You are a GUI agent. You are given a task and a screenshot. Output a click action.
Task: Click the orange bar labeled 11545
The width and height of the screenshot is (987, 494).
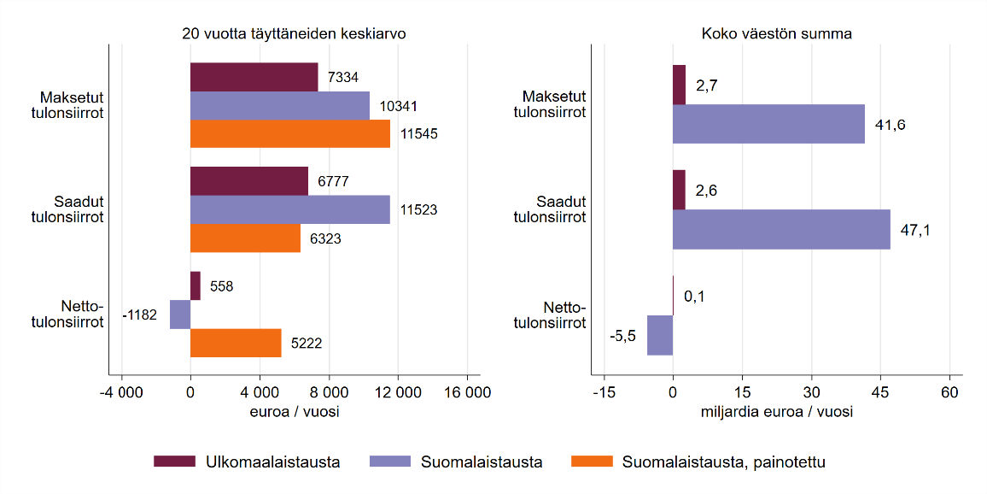[289, 133]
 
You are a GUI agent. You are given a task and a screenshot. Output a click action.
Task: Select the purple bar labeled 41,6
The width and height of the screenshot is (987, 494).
[768, 124]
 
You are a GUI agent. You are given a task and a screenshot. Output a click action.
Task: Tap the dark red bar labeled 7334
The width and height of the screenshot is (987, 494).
[254, 77]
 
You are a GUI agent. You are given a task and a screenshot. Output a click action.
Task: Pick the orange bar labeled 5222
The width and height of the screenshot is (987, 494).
[236, 343]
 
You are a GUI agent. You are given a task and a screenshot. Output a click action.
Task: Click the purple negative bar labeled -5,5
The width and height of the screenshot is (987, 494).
[660, 335]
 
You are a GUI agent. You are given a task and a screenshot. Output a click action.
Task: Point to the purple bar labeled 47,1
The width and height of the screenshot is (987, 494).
[781, 229]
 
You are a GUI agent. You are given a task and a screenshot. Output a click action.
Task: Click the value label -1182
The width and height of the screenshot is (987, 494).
[140, 315]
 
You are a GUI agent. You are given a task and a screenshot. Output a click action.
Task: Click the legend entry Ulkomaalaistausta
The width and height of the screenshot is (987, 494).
[272, 462]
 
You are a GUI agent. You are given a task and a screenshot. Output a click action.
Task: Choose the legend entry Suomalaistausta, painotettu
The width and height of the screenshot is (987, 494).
[723, 462]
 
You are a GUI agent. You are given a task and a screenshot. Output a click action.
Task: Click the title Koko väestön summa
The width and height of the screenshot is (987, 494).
[776, 34]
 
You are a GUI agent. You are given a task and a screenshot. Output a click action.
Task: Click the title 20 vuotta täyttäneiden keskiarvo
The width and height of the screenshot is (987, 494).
[294, 34]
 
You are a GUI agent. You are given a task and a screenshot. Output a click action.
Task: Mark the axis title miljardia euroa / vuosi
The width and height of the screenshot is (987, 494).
[776, 412]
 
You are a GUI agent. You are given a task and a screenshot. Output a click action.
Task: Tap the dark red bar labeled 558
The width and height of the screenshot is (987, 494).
[195, 285]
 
